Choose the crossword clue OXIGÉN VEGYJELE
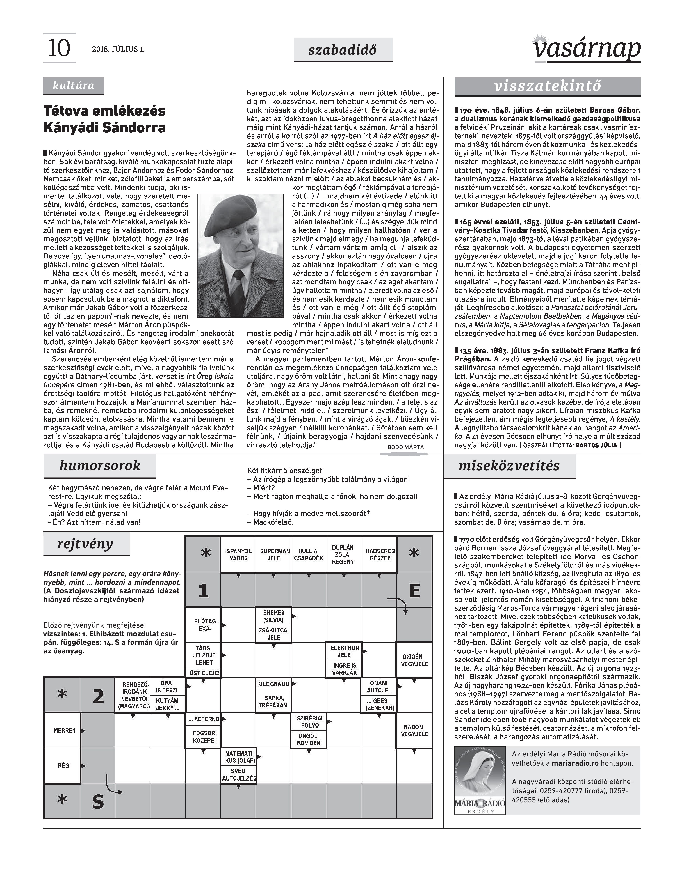414,660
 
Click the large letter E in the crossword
414,590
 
